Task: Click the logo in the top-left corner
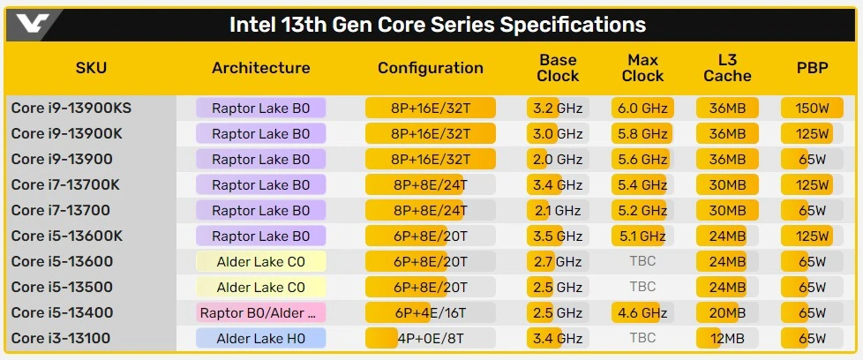(34, 22)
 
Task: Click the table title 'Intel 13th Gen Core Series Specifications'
(438, 24)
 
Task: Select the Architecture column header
(261, 68)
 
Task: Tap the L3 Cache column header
(728, 68)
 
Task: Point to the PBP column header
(811, 68)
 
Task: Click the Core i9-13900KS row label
(71, 109)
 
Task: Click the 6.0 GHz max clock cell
(642, 109)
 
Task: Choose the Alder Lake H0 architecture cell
(261, 338)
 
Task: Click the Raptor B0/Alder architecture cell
(261, 312)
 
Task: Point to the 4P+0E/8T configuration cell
(431, 338)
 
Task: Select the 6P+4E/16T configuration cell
(431, 312)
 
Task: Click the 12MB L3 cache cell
(728, 338)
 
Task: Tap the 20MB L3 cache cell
(728, 312)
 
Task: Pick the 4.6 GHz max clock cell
(642, 312)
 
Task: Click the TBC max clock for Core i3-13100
(642, 338)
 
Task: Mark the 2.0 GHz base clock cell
(558, 160)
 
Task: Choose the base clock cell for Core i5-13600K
(558, 236)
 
